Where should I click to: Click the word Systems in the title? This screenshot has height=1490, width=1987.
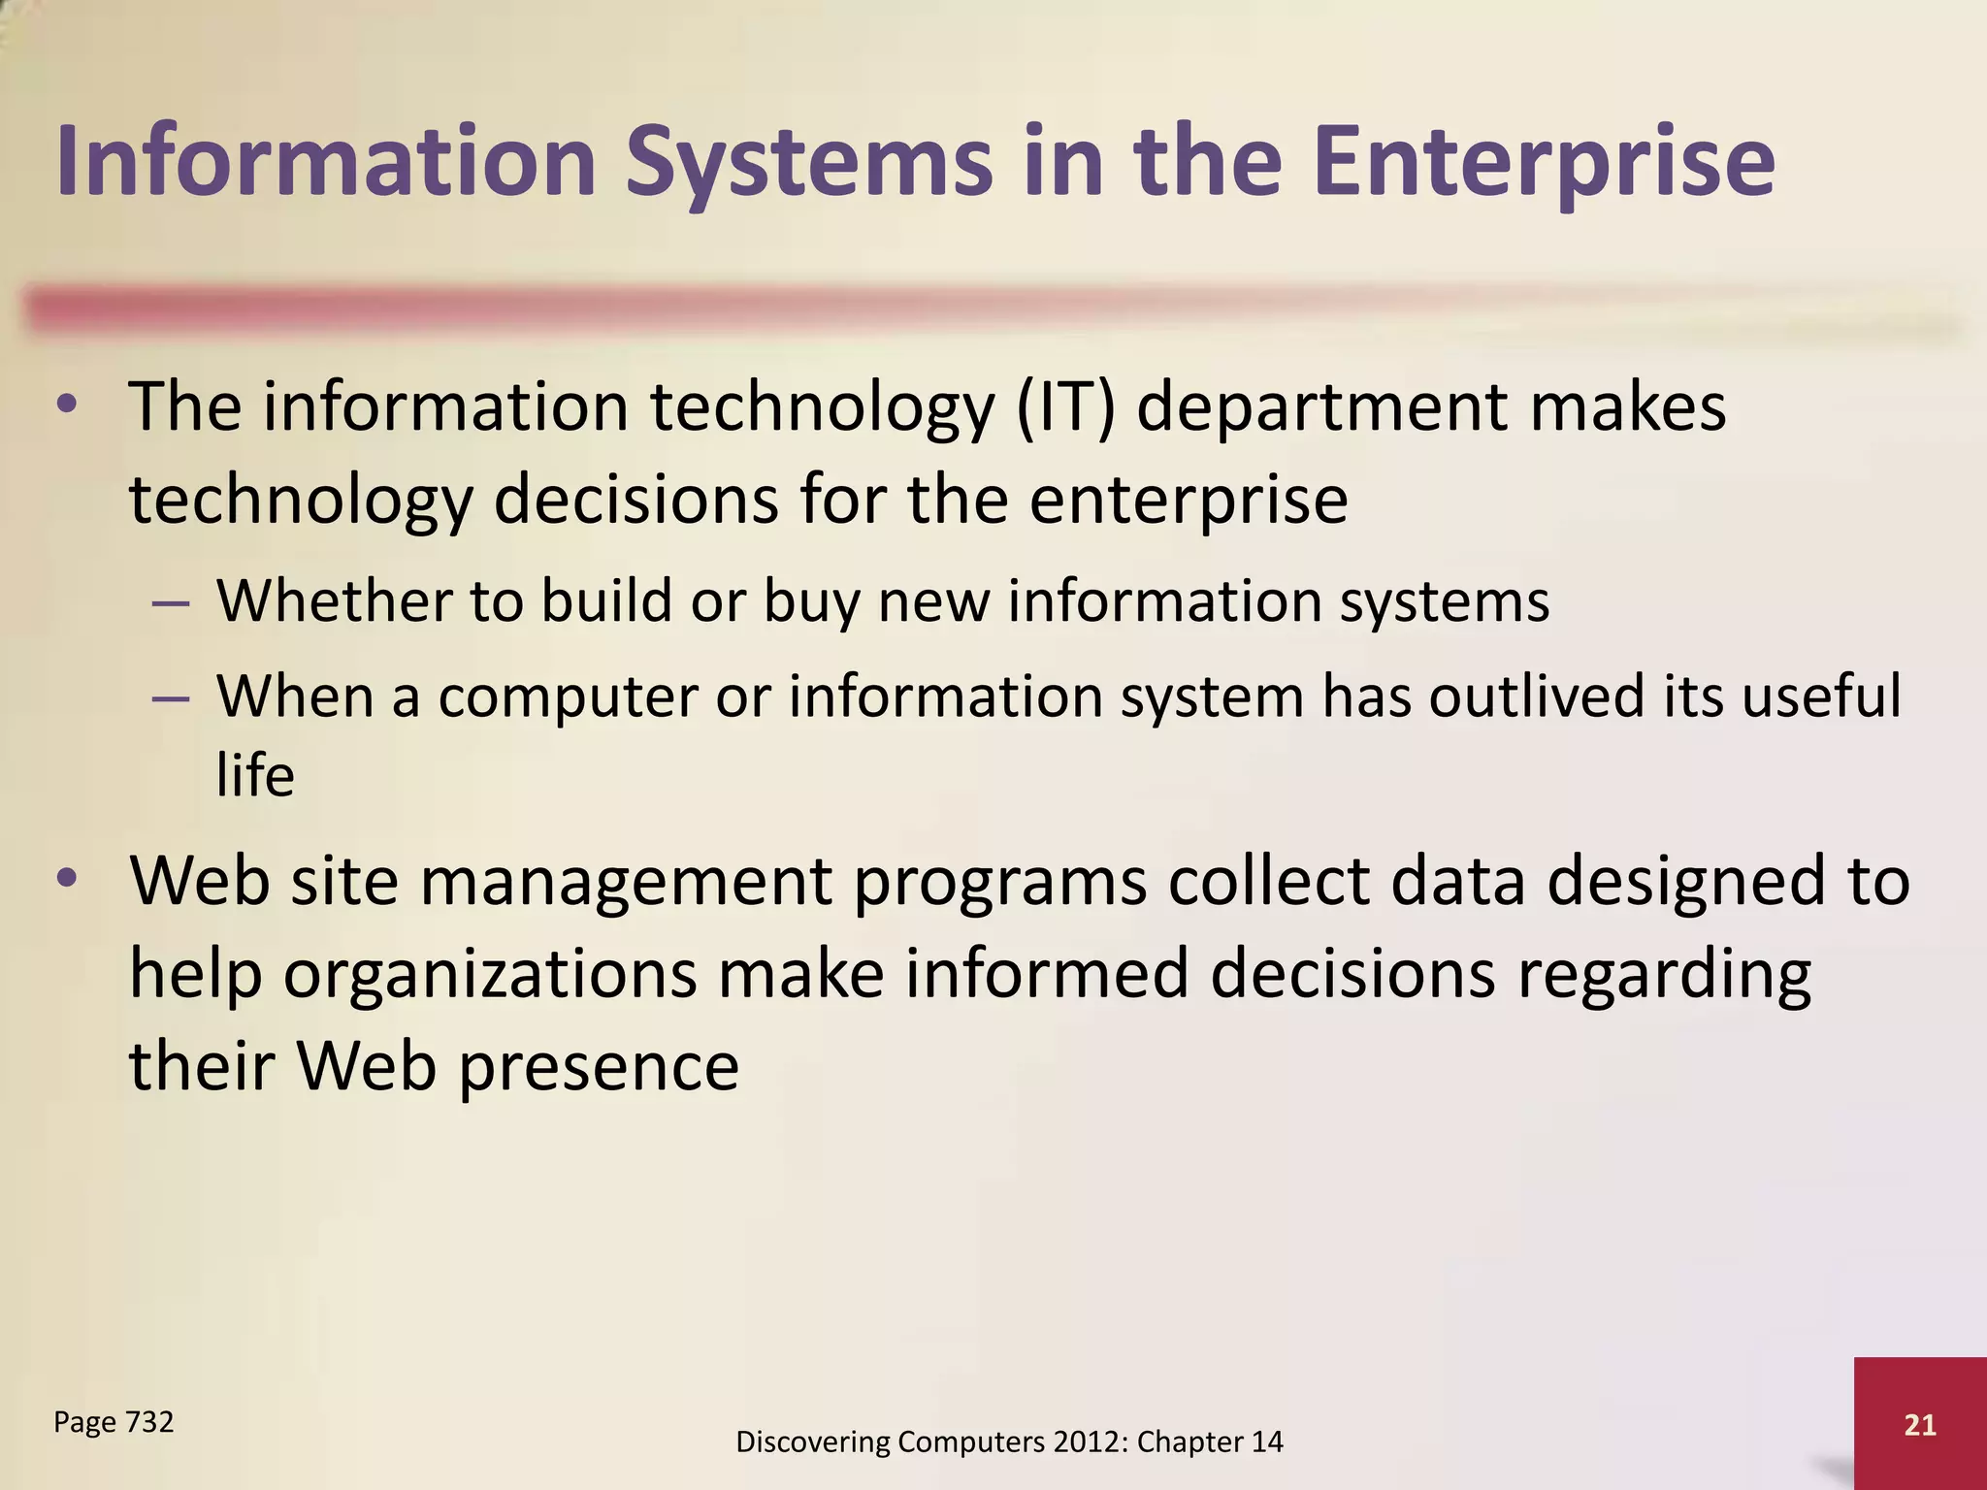809,163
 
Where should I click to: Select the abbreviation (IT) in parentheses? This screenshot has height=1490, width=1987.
1065,407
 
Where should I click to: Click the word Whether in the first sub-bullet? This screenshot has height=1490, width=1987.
333,601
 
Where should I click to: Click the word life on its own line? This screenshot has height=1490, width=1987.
254,776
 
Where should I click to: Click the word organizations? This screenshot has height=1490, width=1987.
489,976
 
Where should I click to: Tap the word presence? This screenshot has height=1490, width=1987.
599,1067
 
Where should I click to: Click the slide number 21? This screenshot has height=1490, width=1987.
1920,1425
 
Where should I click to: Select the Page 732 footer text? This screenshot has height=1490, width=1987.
114,1422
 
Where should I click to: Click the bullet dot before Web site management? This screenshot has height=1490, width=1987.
66,879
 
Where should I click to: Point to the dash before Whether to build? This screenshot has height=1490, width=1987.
170,603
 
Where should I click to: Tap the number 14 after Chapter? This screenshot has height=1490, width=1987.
1266,1442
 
